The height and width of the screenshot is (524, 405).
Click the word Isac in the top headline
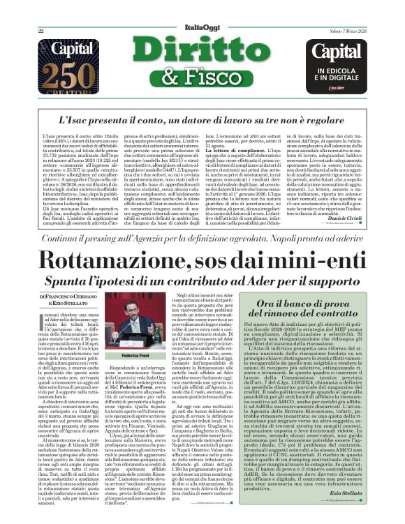coord(87,121)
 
